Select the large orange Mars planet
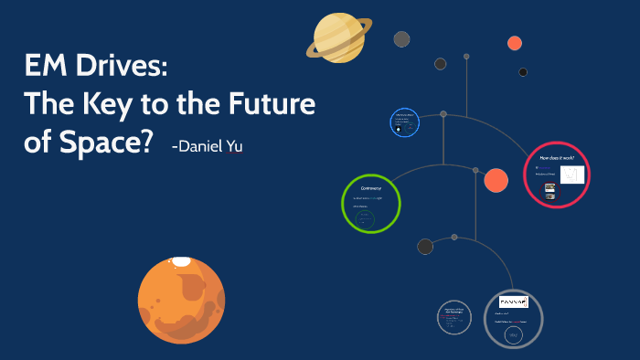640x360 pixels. (x=181, y=299)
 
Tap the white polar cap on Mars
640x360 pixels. (x=182, y=262)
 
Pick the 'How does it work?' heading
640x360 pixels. (x=556, y=158)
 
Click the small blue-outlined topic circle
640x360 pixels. (x=403, y=123)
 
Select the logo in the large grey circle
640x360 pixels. (x=513, y=302)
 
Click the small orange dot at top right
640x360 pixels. (x=515, y=42)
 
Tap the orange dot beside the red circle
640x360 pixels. (x=496, y=181)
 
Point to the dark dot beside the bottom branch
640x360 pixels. (x=425, y=246)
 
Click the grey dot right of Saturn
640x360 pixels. (x=401, y=38)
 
